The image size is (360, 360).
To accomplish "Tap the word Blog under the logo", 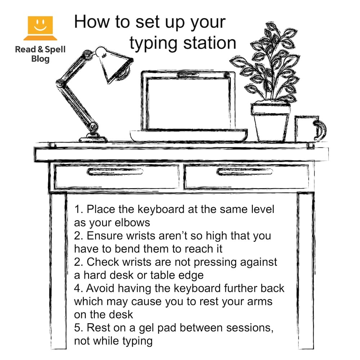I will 40,59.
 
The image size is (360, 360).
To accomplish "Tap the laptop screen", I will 187,104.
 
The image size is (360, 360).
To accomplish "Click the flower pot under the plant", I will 270,122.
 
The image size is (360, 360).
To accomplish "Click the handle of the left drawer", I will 115,172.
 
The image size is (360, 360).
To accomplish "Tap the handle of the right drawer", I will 244,172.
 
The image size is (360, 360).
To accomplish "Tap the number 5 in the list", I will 77,328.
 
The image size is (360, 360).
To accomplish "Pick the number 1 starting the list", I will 77,209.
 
